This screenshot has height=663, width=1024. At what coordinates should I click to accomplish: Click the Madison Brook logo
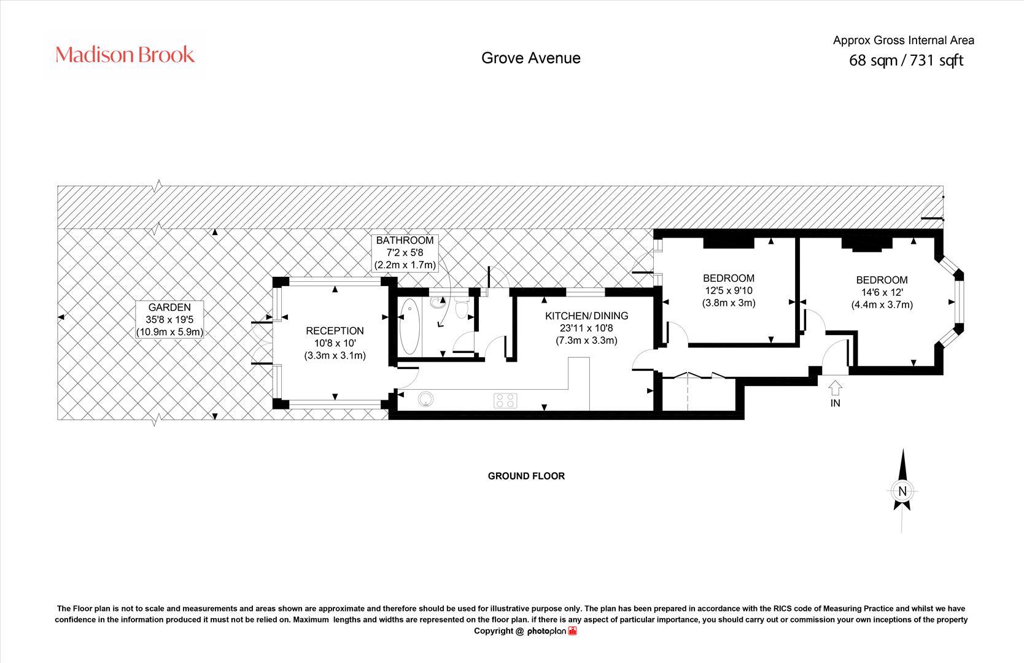tap(125, 55)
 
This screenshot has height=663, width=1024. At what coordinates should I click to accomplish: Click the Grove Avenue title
tap(531, 58)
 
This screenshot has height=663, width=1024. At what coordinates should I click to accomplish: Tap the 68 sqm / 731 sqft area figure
tap(906, 61)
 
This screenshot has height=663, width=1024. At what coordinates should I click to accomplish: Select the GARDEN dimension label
tap(169, 320)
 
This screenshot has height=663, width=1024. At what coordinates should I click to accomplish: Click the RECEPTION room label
tap(335, 343)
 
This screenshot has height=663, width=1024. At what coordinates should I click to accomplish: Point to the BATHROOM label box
tap(405, 252)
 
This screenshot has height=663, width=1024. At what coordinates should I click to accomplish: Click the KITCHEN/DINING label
tap(586, 328)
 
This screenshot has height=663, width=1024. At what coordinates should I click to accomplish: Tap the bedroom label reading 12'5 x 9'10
tap(729, 290)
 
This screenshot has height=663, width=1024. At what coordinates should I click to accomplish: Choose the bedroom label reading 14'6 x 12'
tap(882, 292)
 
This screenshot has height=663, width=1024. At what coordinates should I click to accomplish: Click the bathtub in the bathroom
tap(409, 327)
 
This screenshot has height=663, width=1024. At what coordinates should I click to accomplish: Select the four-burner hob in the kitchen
tap(506, 400)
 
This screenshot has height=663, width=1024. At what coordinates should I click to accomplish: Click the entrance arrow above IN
tap(835, 388)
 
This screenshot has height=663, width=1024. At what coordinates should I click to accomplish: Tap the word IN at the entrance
tap(835, 403)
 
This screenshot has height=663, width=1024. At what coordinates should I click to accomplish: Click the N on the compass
tap(902, 491)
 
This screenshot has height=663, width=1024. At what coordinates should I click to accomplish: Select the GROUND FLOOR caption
tap(526, 476)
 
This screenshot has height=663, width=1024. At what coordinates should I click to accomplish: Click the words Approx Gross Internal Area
tap(904, 41)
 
